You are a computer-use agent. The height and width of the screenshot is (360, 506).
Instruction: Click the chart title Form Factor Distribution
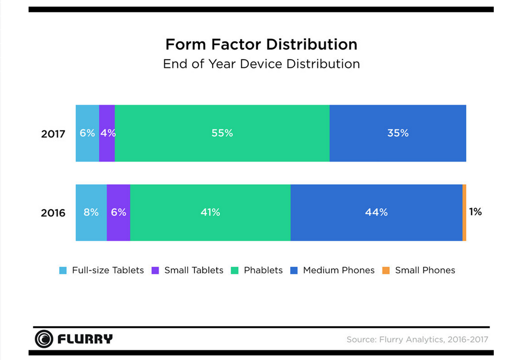[x=261, y=44]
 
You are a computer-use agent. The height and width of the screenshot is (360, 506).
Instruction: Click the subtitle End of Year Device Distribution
[x=261, y=64]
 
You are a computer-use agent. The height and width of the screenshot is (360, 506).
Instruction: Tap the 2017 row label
[x=53, y=134]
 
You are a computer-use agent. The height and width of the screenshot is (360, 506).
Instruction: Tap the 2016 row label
[x=53, y=213]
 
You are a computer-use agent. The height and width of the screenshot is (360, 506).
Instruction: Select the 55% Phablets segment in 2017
[x=222, y=133]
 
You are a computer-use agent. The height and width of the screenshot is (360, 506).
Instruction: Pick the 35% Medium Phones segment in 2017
[x=397, y=133]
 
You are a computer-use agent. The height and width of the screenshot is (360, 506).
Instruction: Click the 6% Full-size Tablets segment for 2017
[x=87, y=133]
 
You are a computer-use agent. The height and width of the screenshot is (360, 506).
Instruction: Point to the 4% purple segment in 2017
[x=107, y=133]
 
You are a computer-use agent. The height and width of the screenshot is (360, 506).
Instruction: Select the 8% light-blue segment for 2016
[x=91, y=212]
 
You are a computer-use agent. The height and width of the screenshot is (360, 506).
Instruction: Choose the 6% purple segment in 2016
[x=118, y=212]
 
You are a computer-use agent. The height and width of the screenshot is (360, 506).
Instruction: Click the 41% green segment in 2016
[x=210, y=212]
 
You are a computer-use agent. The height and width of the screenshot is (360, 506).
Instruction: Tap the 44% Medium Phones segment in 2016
[x=376, y=212]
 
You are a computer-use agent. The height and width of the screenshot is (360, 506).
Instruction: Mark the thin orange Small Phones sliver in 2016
[x=464, y=213]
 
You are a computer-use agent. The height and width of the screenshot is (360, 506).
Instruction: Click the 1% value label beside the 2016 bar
[x=475, y=212]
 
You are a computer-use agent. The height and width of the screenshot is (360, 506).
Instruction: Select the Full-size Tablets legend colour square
[x=63, y=270]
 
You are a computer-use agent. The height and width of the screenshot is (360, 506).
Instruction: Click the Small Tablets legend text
[x=194, y=270]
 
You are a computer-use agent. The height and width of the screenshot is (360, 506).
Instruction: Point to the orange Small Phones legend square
[x=386, y=270]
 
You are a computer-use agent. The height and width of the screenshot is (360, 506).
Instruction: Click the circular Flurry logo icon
[x=44, y=339]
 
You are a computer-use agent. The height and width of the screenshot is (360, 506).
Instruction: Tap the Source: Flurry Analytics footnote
[x=417, y=339]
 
